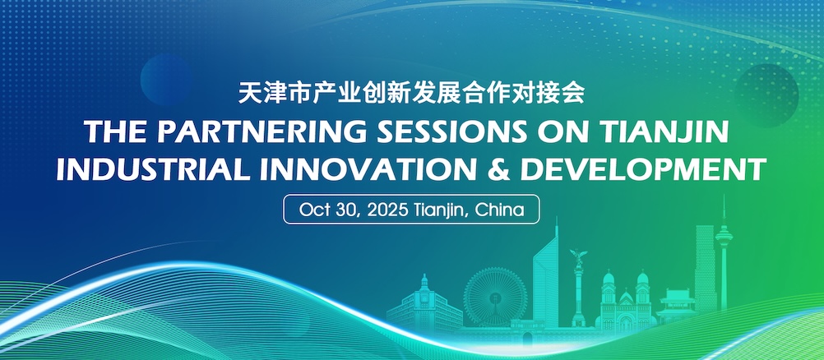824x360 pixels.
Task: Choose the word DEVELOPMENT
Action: tap(644, 168)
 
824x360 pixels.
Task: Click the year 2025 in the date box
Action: tap(387, 210)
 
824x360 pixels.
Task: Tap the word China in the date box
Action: tap(499, 210)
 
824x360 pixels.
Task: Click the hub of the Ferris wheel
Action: tap(494, 298)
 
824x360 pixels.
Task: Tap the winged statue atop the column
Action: tap(579, 257)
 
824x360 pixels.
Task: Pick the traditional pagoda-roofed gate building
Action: tap(676, 306)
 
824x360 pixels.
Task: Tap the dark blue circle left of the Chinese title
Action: tap(167, 79)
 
